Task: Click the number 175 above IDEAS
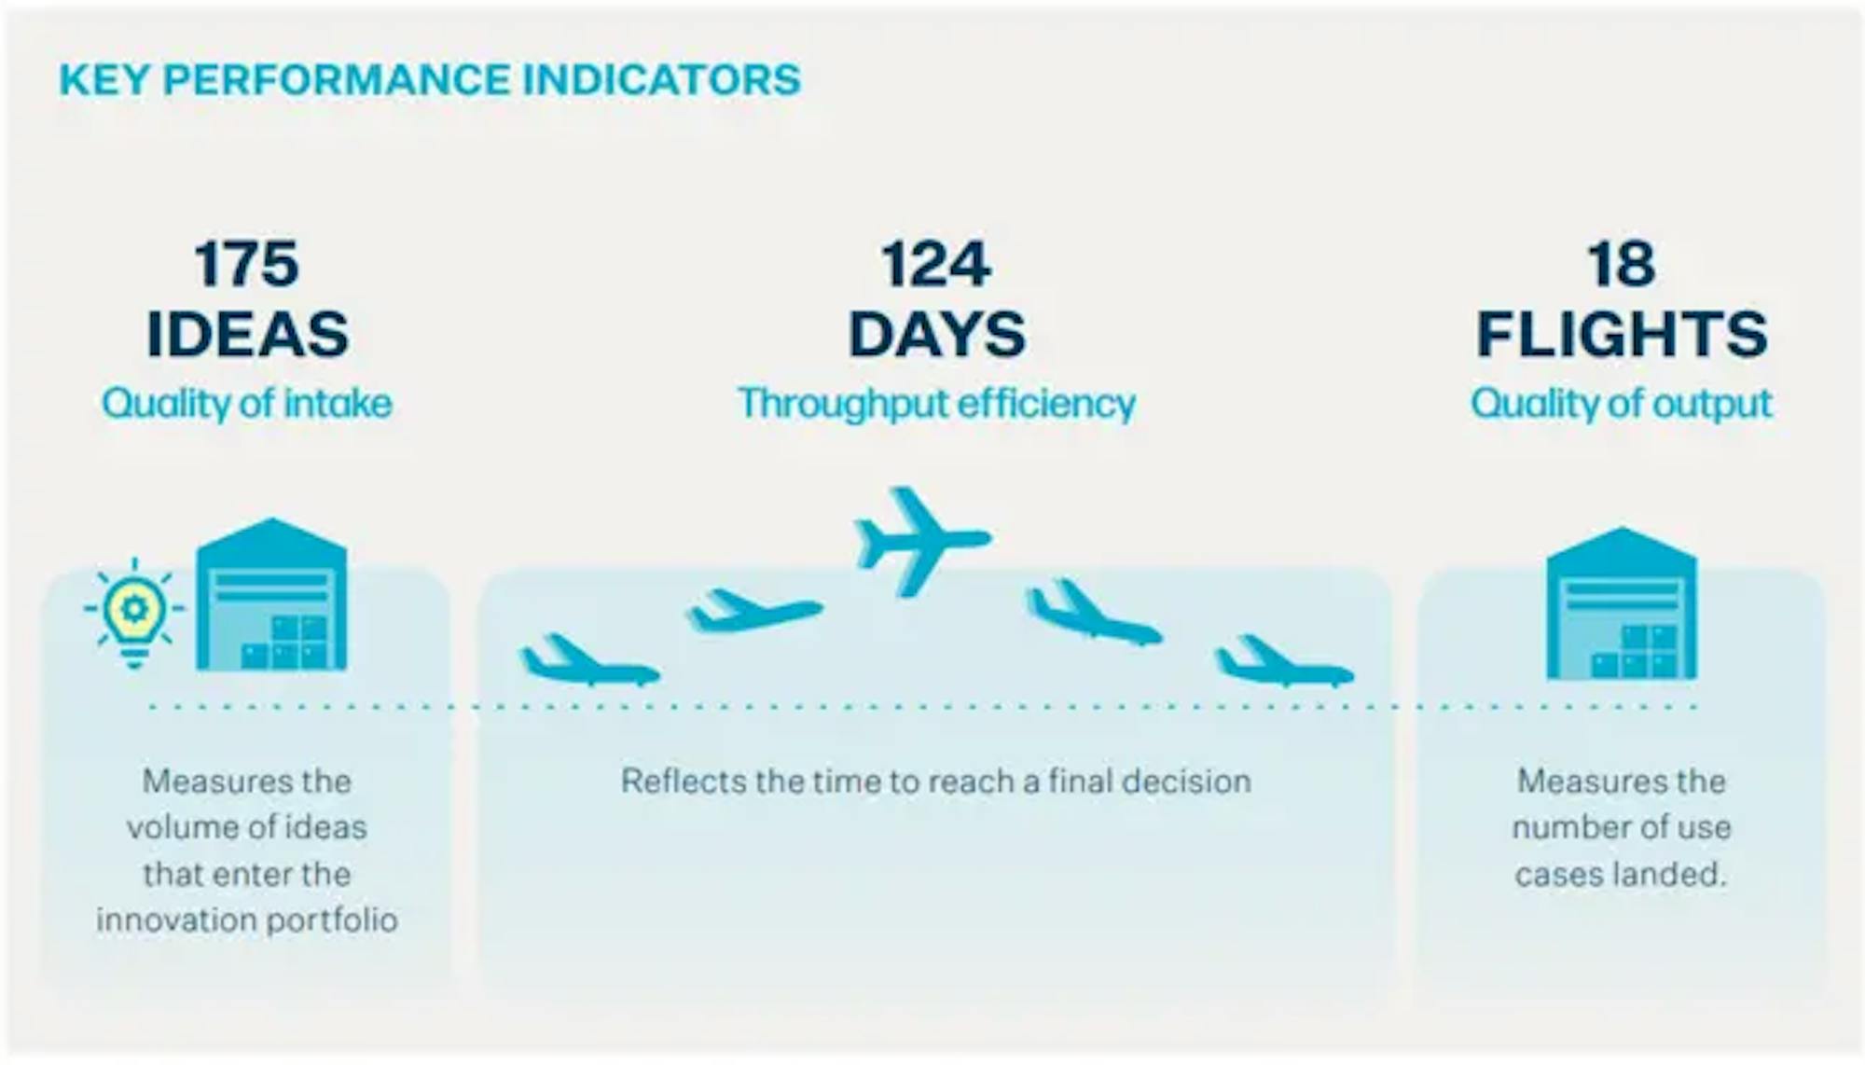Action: click(x=247, y=264)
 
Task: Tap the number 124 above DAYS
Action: click(x=936, y=264)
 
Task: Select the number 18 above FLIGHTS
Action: click(x=1622, y=264)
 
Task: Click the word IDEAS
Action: click(x=248, y=334)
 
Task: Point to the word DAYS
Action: click(x=937, y=334)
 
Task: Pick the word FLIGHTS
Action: click(x=1622, y=334)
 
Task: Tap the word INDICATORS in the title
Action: click(x=661, y=79)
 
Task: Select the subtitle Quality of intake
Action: click(x=247, y=404)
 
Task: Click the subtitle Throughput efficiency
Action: click(x=937, y=404)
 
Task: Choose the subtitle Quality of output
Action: click(x=1622, y=404)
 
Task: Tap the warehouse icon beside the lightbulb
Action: click(x=271, y=594)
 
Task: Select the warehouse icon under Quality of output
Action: click(x=1622, y=603)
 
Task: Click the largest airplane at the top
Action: click(x=922, y=541)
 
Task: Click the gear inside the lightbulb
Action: click(x=134, y=610)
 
